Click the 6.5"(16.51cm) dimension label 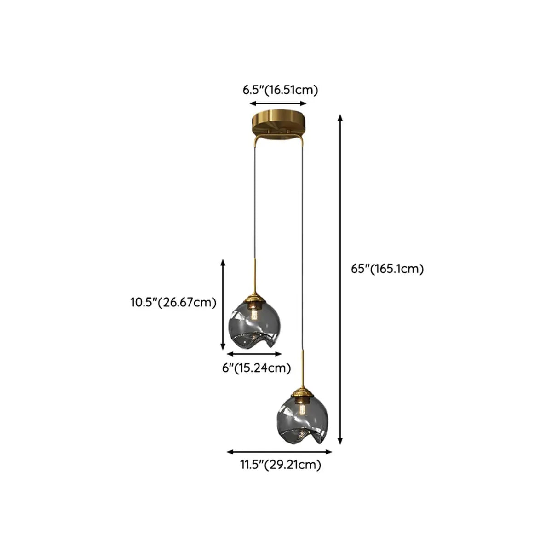click(x=280, y=90)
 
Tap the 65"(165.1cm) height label click(x=387, y=269)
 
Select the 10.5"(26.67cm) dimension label click(x=173, y=303)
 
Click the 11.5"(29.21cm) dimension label click(x=280, y=465)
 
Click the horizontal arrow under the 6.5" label click(x=278, y=104)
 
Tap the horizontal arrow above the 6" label click(x=254, y=354)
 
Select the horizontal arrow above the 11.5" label click(x=279, y=451)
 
